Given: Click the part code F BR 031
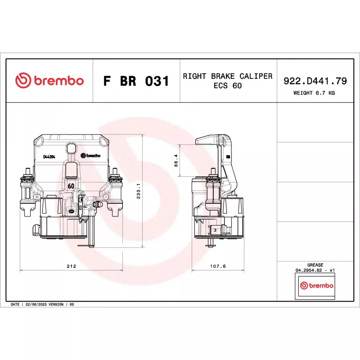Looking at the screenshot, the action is [x=136, y=81].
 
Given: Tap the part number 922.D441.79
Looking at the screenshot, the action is [x=315, y=81].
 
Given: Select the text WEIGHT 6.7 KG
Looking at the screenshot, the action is [x=314, y=93].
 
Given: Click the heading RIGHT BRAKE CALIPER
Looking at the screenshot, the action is [x=228, y=76].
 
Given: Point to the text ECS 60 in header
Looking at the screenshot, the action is [x=228, y=85].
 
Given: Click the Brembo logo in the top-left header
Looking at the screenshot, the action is [x=49, y=81].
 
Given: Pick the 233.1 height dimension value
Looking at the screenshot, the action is [x=138, y=191].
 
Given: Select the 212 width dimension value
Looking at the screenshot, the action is [x=71, y=266].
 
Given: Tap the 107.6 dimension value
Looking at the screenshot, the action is [x=218, y=266].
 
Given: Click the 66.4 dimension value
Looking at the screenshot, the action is [x=176, y=161].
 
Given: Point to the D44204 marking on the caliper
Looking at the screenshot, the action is [x=49, y=157].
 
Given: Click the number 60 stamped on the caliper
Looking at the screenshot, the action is [x=71, y=186].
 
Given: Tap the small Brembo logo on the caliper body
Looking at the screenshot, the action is [x=90, y=155].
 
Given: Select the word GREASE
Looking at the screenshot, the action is [x=315, y=265].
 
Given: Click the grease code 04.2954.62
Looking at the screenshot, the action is [x=309, y=270].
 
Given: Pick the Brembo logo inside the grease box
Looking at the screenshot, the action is [x=317, y=285].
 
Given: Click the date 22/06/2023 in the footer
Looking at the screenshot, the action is [x=36, y=305].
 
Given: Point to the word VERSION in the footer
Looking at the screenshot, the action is [x=56, y=305].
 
